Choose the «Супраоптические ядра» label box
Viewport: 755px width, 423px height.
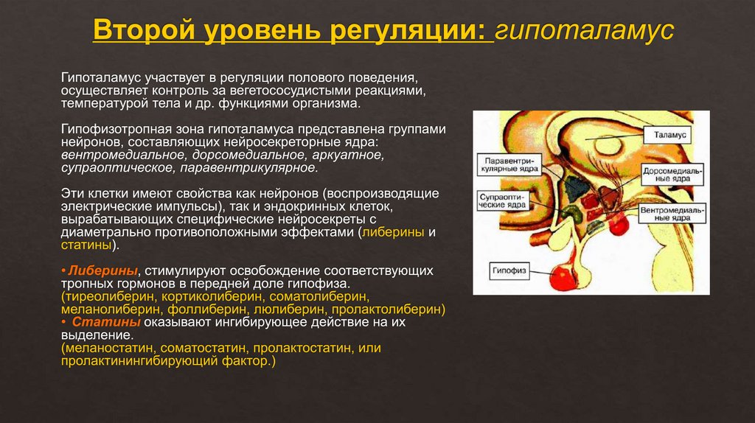coord(502,201)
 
